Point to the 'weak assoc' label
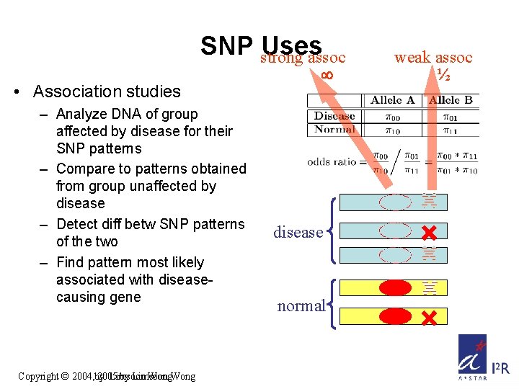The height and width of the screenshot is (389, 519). point(433,57)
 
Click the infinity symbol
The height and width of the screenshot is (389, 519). point(326,74)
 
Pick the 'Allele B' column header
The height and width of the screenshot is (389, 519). point(452,100)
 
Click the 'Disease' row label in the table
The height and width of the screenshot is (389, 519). point(334,115)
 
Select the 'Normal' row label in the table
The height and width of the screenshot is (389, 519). point(334,129)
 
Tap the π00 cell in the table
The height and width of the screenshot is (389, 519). point(394,115)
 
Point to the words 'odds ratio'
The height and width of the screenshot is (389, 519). point(332,161)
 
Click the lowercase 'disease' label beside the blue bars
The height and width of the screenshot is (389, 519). point(298,232)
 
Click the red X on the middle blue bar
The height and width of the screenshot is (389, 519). point(429,233)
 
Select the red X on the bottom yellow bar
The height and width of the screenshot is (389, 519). point(429,317)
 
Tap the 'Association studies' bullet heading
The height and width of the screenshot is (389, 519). point(107,91)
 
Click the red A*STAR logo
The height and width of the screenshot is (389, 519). point(471,357)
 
